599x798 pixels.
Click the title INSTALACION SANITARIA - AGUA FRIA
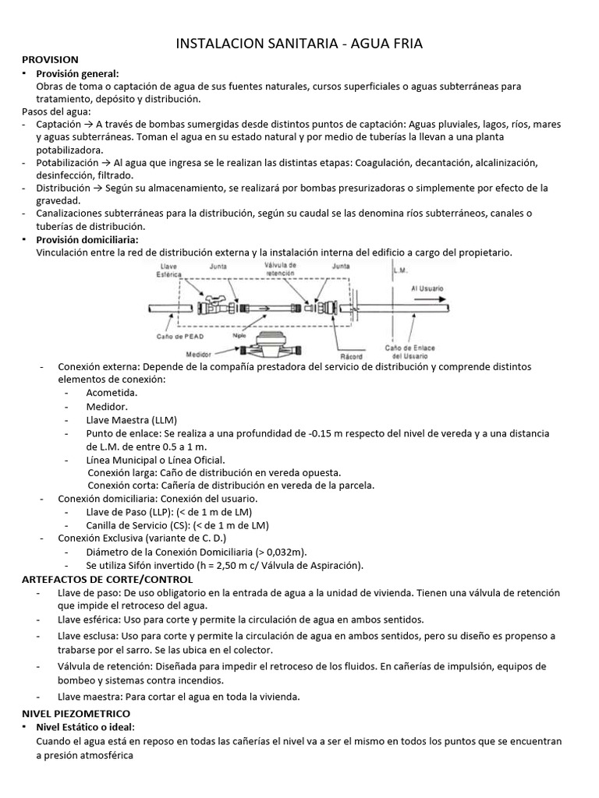(299, 44)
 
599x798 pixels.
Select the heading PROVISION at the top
(50, 59)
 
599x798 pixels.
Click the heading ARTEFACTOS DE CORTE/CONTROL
(107, 579)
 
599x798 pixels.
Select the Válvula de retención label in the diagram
(280, 269)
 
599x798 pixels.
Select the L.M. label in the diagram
(400, 271)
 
